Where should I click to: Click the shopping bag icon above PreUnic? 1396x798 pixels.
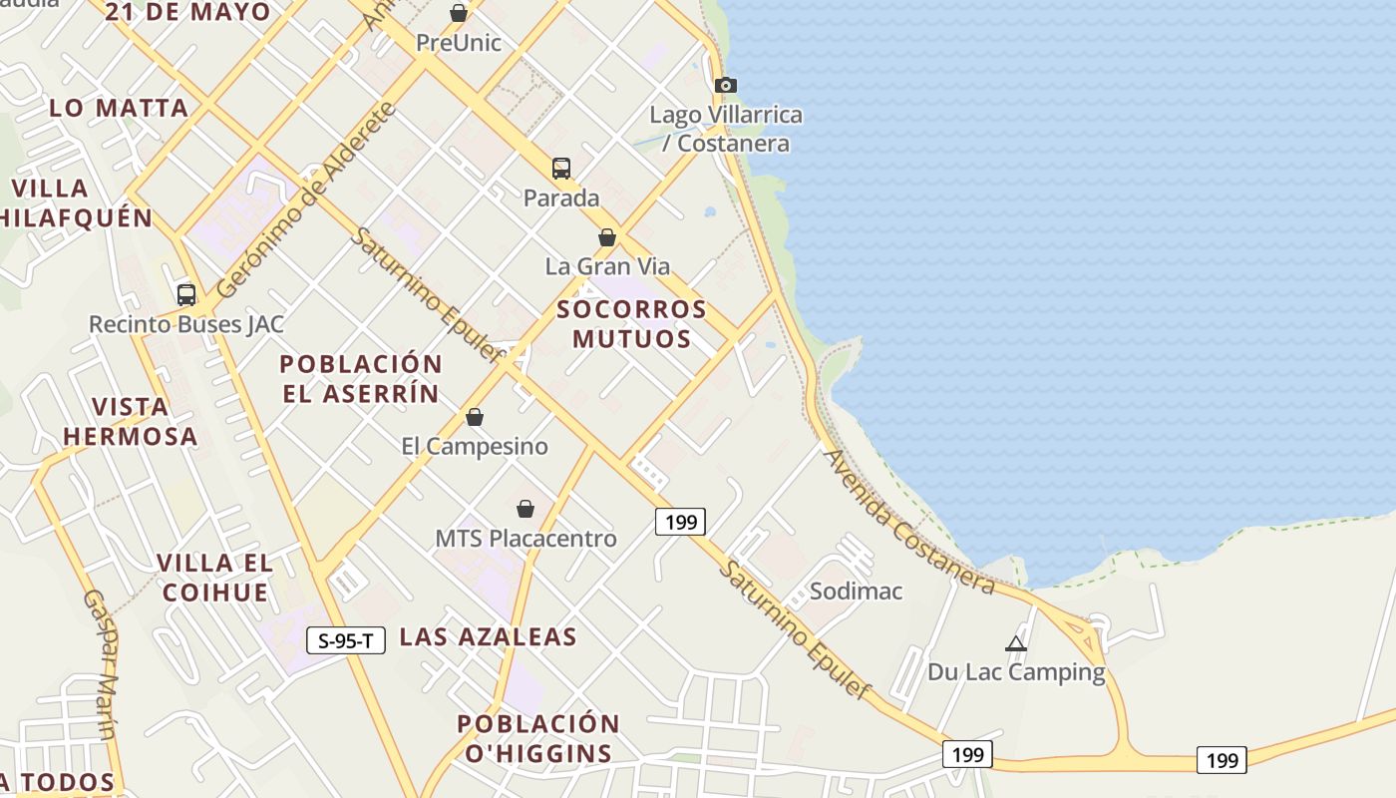click(459, 13)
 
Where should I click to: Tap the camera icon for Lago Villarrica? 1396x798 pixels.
click(726, 85)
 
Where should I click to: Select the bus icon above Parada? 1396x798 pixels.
click(561, 168)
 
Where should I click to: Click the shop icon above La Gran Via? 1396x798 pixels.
click(606, 237)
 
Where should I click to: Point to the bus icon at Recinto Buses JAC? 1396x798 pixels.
click(186, 294)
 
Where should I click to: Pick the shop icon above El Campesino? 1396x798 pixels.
click(475, 417)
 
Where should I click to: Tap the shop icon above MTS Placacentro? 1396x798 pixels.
click(525, 509)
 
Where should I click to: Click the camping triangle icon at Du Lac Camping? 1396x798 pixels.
click(1016, 643)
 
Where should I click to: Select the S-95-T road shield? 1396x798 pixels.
click(346, 640)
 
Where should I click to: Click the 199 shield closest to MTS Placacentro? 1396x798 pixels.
click(681, 521)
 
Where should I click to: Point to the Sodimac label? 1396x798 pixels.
click(856, 591)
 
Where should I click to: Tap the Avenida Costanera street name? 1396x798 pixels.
click(908, 522)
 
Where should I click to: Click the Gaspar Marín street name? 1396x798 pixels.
click(99, 664)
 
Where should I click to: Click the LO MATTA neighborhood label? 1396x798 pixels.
click(119, 108)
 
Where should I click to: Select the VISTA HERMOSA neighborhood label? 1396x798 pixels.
click(131, 421)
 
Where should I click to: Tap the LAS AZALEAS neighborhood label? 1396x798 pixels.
click(489, 636)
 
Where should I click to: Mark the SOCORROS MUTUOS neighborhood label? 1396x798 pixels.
click(632, 323)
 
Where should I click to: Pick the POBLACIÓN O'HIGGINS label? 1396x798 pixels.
click(538, 738)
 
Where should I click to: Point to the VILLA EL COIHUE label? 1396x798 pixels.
click(214, 577)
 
